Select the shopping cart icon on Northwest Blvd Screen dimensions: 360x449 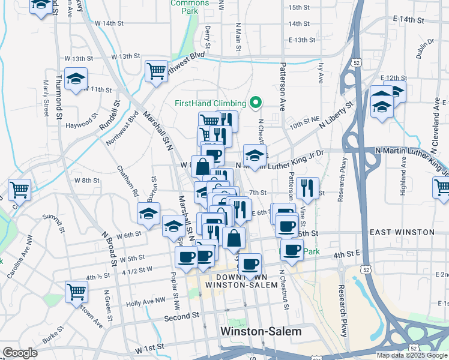156,70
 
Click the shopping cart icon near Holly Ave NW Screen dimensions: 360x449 77,292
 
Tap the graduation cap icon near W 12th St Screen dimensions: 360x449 76,79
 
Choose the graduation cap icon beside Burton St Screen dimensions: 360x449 148,213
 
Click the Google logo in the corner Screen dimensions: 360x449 20,353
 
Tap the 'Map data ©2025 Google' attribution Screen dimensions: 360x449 412,355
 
